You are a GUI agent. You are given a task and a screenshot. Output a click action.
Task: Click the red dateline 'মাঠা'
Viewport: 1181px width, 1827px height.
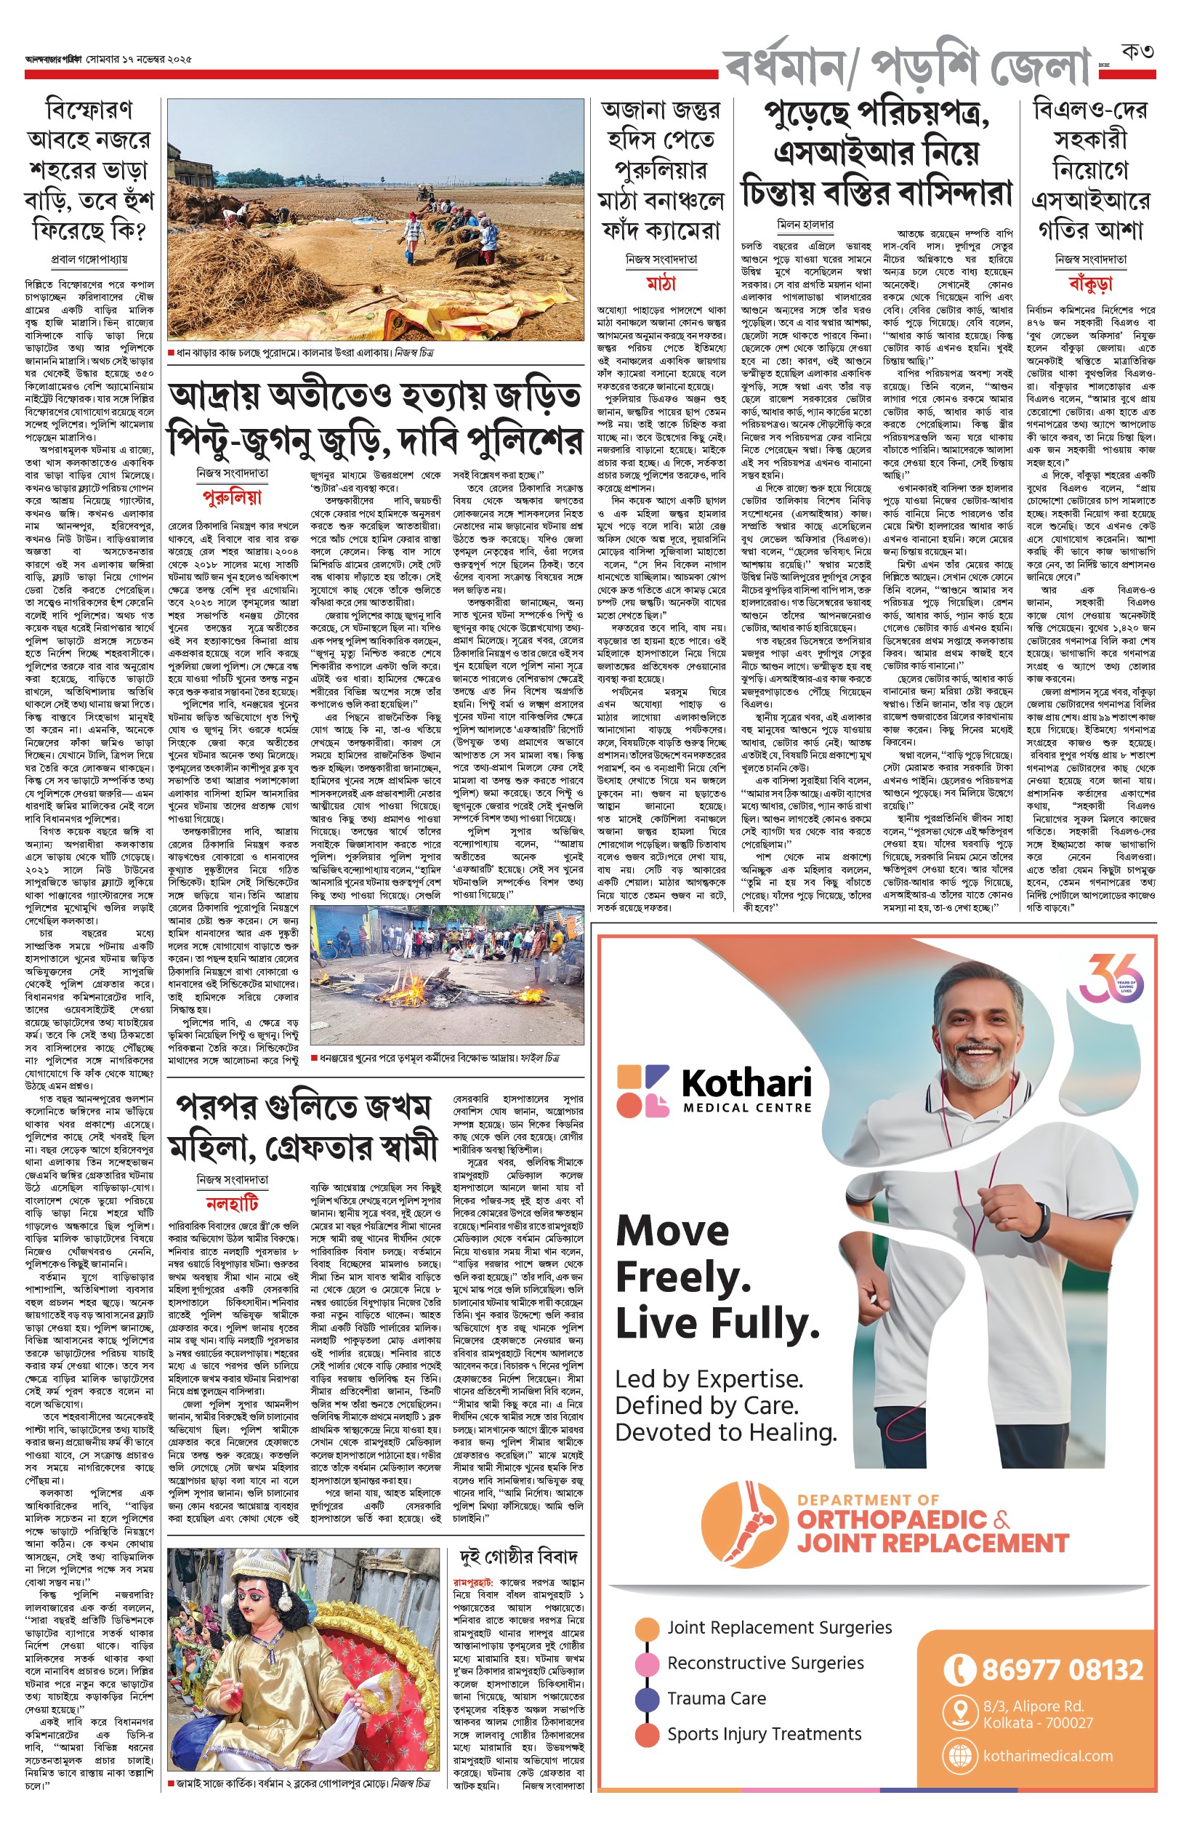click(661, 283)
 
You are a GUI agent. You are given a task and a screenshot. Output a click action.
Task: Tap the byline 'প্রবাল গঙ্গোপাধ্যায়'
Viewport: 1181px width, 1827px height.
click(89, 260)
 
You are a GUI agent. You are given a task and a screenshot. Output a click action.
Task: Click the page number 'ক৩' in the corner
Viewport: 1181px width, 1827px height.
click(1137, 52)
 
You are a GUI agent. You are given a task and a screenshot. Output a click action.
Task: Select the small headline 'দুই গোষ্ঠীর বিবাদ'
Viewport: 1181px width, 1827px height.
click(518, 1557)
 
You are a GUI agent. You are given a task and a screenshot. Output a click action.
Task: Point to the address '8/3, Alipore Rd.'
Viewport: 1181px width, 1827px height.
click(1033, 1706)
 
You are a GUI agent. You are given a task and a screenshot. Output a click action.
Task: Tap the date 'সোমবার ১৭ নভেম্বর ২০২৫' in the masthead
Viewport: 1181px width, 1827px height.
click(139, 59)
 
